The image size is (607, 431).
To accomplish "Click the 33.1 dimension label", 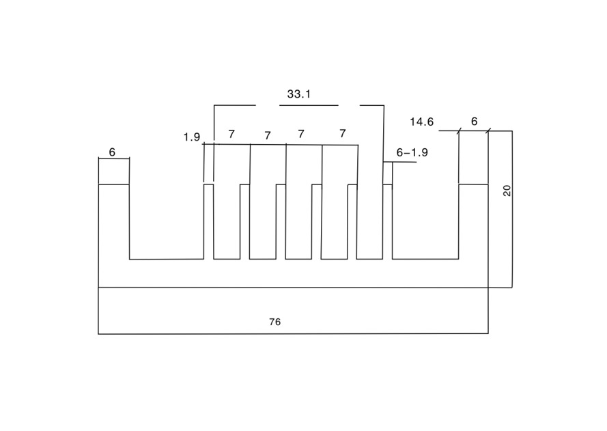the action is tap(299, 94).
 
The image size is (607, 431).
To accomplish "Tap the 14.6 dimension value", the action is tap(422, 122).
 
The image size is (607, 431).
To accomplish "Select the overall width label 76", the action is tap(275, 322).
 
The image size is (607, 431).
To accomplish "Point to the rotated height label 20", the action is tap(507, 191).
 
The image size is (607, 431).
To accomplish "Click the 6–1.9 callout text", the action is tap(412, 152).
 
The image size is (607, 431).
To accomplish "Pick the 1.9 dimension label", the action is tap(192, 137).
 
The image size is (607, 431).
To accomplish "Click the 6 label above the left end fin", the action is tap(112, 152).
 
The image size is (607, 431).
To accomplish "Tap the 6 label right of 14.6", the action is tap(475, 122).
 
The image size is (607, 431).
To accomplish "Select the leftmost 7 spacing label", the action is tap(231, 134).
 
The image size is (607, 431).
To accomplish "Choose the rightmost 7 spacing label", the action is tap(342, 134).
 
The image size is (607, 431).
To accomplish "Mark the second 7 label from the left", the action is tap(268, 135).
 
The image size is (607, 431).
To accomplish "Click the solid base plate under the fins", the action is tap(294, 273).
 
